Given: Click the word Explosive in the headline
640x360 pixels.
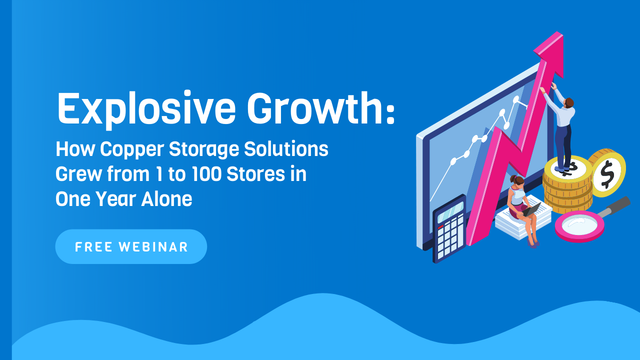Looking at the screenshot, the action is pos(146,108).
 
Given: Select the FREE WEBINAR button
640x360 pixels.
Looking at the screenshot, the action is pos(131,246).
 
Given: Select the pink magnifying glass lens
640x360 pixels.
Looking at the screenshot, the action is pos(579,226).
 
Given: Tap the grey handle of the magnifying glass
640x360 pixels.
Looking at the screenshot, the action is pos(615,206).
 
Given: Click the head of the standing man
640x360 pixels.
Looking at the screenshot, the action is pos(569,103).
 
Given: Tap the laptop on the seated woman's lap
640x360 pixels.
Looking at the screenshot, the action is pos(531,209).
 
